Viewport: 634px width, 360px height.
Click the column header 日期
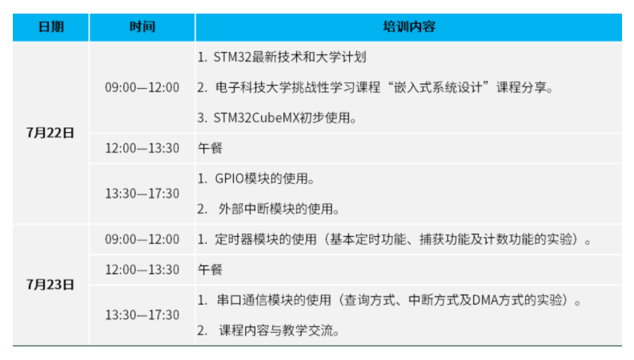pyautogui.click(x=51, y=26)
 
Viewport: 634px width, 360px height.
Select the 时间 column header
pyautogui.click(x=142, y=26)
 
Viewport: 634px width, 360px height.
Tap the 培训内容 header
pyautogui.click(x=409, y=26)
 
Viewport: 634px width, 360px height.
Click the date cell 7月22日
pyautogui.click(x=50, y=133)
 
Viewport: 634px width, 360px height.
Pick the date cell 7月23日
pyautogui.click(x=50, y=285)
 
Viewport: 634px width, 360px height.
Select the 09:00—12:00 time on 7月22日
pyautogui.click(x=142, y=87)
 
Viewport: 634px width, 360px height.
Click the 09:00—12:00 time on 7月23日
pyautogui.click(x=142, y=239)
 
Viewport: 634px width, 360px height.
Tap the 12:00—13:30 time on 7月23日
pyautogui.click(x=142, y=270)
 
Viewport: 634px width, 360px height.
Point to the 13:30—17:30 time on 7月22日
pyautogui.click(x=142, y=194)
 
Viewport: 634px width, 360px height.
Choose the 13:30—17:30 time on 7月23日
pyautogui.click(x=142, y=315)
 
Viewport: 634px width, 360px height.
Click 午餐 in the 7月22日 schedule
pyautogui.click(x=210, y=148)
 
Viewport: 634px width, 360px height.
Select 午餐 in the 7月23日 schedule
pyautogui.click(x=210, y=270)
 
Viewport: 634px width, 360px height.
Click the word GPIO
pyautogui.click(x=230, y=178)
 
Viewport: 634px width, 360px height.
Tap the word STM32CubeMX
pyautogui.click(x=256, y=118)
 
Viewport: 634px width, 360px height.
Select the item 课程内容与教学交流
pyautogui.click(x=276, y=330)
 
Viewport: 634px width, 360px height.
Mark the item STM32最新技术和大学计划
pyautogui.click(x=290, y=57)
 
